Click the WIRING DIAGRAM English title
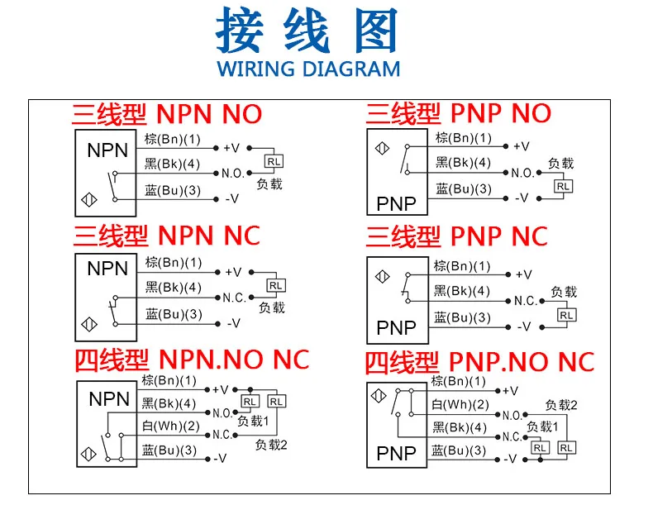click(308, 69)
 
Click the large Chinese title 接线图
click(307, 31)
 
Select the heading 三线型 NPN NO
click(167, 114)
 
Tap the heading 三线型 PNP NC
click(457, 237)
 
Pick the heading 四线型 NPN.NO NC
click(192, 360)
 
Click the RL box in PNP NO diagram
click(563, 186)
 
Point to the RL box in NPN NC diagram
click(275, 286)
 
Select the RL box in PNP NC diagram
click(566, 314)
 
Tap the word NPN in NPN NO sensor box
click(107, 151)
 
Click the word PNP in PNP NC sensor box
click(396, 328)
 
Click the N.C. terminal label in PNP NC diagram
click(525, 301)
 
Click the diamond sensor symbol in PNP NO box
click(381, 148)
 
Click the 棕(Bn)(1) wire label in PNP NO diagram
click(463, 138)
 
